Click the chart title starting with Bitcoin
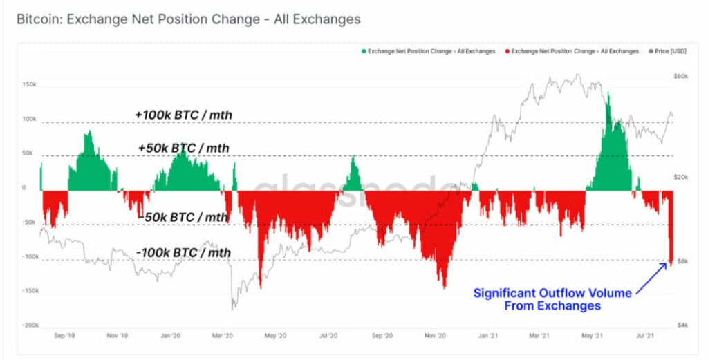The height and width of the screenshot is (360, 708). [x=188, y=19]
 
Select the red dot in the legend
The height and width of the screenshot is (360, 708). [x=507, y=52]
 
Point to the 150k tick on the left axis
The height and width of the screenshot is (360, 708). [x=29, y=84]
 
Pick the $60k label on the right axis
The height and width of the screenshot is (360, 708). [x=680, y=76]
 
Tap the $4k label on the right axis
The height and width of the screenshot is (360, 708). [x=680, y=325]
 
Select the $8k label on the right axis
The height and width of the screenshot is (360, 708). [x=681, y=261]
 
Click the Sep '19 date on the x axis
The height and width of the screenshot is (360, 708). [x=64, y=337]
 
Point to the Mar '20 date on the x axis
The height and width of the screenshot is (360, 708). [x=222, y=337]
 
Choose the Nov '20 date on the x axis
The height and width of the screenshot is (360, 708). [x=434, y=337]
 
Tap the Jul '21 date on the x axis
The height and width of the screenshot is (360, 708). [x=645, y=337]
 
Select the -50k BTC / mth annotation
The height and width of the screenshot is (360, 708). [x=183, y=217]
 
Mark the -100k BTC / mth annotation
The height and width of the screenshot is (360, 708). [x=183, y=253]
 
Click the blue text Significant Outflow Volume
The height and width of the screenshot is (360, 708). [x=552, y=293]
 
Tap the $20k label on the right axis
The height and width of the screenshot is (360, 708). [x=680, y=178]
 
